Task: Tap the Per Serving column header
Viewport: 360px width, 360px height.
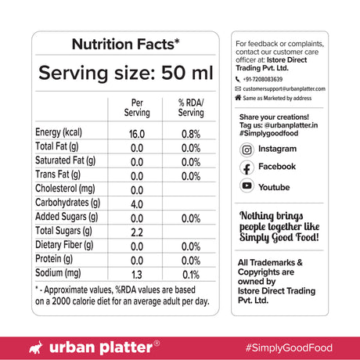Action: coord(137,108)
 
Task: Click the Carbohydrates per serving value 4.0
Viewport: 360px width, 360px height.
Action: coord(137,203)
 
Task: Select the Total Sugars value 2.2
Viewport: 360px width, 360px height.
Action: coord(137,232)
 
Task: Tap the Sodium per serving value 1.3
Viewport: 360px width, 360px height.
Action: coord(137,274)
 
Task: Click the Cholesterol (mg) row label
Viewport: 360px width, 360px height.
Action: coord(66,189)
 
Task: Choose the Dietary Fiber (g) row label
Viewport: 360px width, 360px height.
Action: coord(65,246)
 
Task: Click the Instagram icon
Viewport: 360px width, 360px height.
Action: coord(247,149)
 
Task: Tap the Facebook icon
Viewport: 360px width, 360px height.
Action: coord(247,168)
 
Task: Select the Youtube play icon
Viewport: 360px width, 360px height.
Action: coord(247,186)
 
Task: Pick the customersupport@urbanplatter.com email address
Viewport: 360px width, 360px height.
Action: coord(290,90)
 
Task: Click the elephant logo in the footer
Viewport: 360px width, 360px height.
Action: coord(34,345)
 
